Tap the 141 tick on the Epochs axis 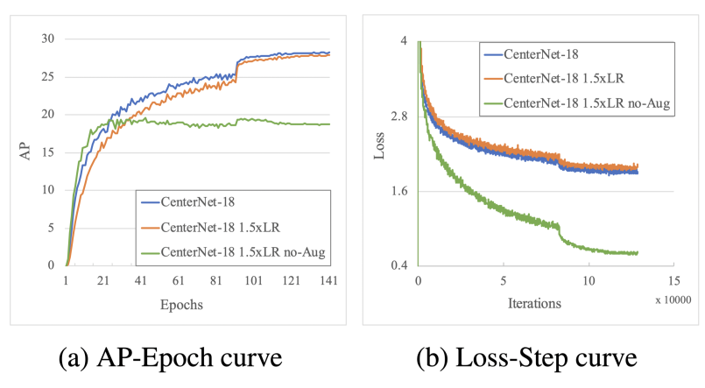click(x=328, y=281)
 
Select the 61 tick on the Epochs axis click(x=179, y=281)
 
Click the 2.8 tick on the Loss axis click(x=398, y=116)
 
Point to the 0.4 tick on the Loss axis click(x=398, y=265)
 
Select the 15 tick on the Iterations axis click(x=673, y=281)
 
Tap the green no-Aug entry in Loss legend click(x=578, y=103)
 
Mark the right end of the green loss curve click(x=638, y=253)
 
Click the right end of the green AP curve click(x=329, y=124)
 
